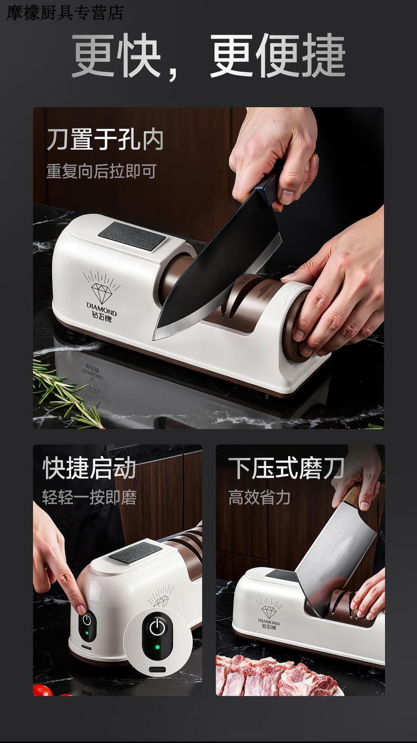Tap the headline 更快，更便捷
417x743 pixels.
pyautogui.click(x=208, y=57)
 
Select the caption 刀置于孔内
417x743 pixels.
pyautogui.click(x=105, y=140)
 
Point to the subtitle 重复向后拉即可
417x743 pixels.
pyautogui.click(x=102, y=172)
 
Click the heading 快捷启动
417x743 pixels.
pyautogui.click(x=89, y=468)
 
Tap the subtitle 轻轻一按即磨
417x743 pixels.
pyautogui.click(x=89, y=498)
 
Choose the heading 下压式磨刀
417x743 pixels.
pyautogui.click(x=286, y=468)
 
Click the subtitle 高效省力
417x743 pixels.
pyautogui.click(x=259, y=498)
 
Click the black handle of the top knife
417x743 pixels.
pyautogui.click(x=265, y=184)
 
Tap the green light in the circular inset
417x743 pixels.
pyautogui.click(x=157, y=647)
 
